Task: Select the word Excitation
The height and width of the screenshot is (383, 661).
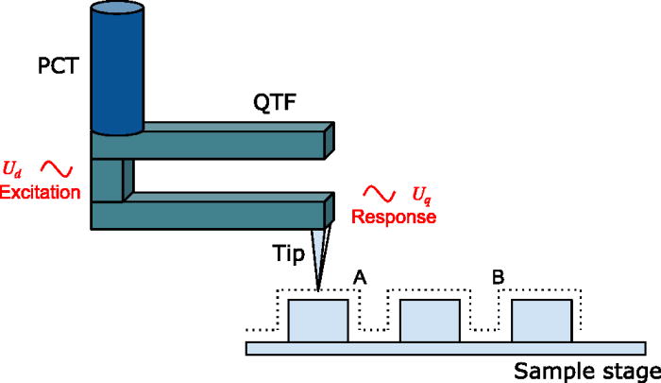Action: point(42,192)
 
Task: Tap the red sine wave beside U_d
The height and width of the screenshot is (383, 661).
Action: point(57,169)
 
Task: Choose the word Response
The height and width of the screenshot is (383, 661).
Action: point(394,217)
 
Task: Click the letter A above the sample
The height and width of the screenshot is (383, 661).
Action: point(359,276)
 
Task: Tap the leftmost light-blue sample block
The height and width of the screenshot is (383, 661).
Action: point(317,321)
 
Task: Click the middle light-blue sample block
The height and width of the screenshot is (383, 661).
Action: point(430,321)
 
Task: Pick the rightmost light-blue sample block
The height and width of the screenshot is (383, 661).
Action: point(541,321)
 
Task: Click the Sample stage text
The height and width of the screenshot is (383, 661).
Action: point(585,370)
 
